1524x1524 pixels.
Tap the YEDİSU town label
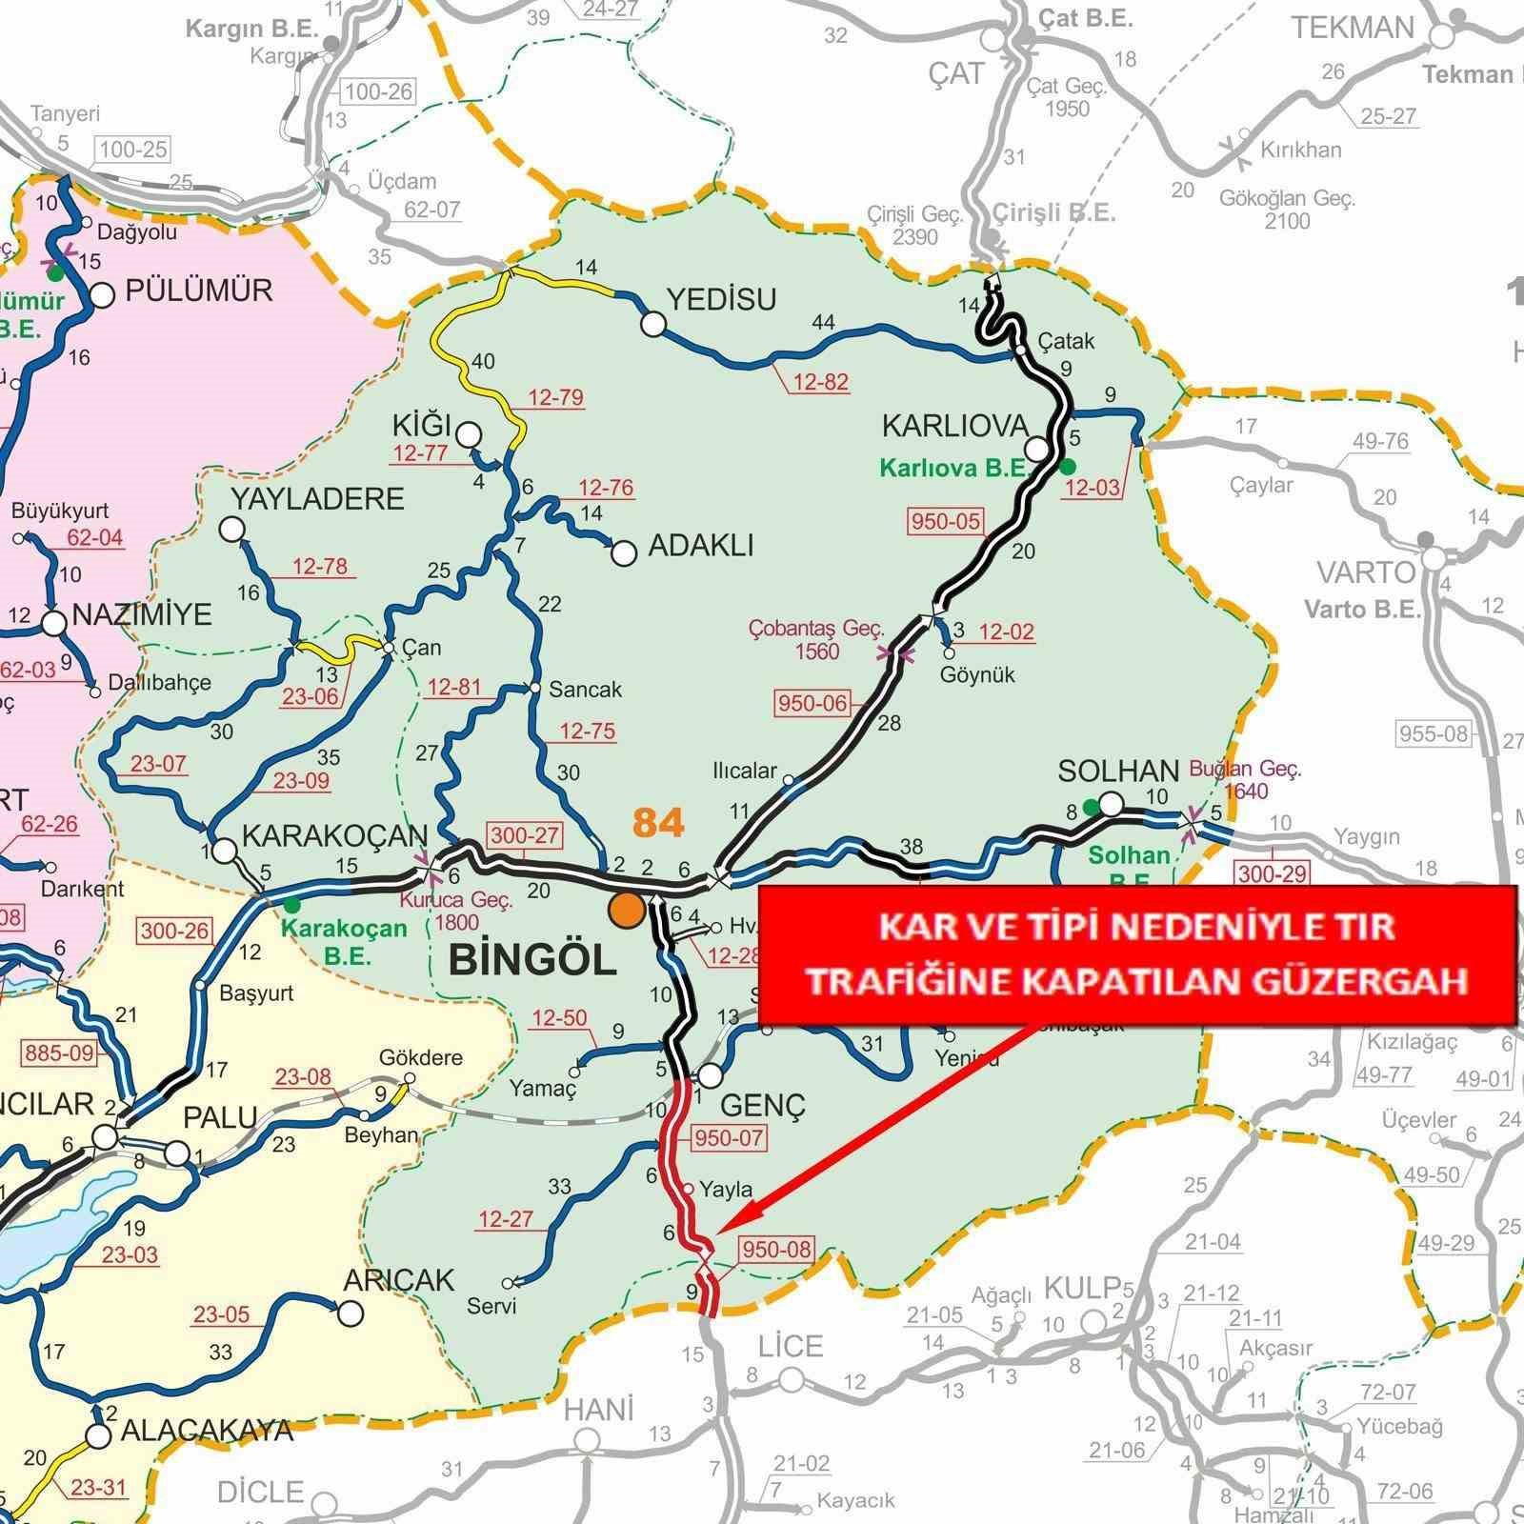coord(721,300)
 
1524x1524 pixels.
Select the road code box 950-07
coord(730,1137)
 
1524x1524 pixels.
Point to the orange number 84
coord(658,823)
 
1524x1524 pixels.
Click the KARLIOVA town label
coord(955,425)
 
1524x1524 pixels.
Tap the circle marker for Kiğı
coord(468,435)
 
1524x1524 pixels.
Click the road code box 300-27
coord(525,835)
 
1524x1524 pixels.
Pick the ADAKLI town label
coord(700,546)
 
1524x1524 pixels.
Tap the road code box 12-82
coord(820,382)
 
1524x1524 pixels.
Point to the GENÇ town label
coord(763,1105)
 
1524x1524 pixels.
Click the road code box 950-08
coord(776,1249)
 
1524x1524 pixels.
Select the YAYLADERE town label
coord(317,499)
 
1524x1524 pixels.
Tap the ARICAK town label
coord(399,1279)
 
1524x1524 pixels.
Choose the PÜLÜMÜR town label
coord(199,291)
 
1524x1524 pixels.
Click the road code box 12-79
coord(555,397)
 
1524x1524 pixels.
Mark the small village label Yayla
coord(726,1189)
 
